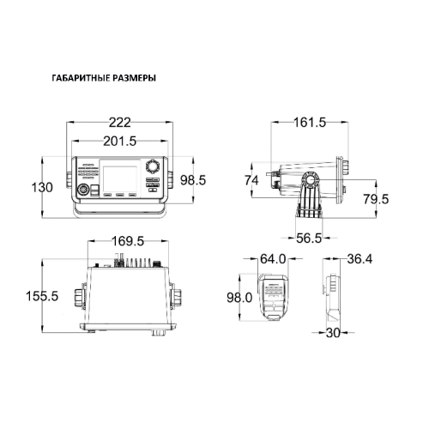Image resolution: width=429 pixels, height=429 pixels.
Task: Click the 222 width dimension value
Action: coord(120,123)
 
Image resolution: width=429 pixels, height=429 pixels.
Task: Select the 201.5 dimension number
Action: coord(120,141)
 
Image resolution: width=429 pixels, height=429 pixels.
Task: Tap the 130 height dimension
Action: coord(42,188)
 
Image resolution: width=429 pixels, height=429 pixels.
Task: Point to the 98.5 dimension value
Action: coord(193,180)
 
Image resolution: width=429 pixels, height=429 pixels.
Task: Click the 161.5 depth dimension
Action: coord(310,123)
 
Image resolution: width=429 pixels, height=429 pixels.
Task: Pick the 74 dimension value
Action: coord(251,180)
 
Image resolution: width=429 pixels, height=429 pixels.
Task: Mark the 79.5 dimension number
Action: coord(376,199)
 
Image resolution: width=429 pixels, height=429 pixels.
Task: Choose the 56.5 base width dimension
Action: coord(309,238)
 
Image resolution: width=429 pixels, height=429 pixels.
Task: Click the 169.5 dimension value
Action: coord(128,241)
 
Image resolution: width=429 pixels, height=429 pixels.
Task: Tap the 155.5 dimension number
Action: coord(42,296)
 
